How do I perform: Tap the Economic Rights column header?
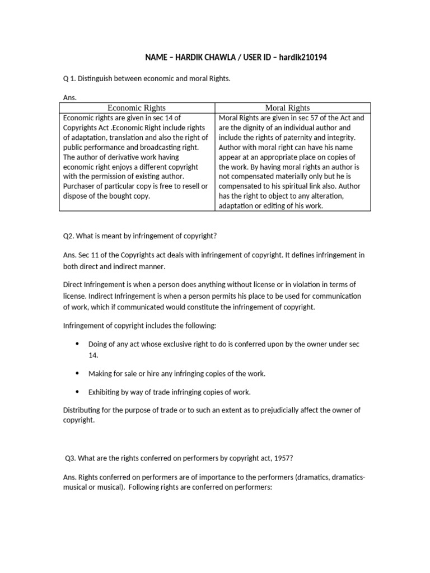click(137, 107)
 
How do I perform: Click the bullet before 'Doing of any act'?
click(77, 344)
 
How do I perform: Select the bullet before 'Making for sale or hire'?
click(77, 373)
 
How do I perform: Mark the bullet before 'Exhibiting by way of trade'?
click(77, 392)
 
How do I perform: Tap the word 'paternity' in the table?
click(289, 138)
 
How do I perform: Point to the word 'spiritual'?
click(281, 186)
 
